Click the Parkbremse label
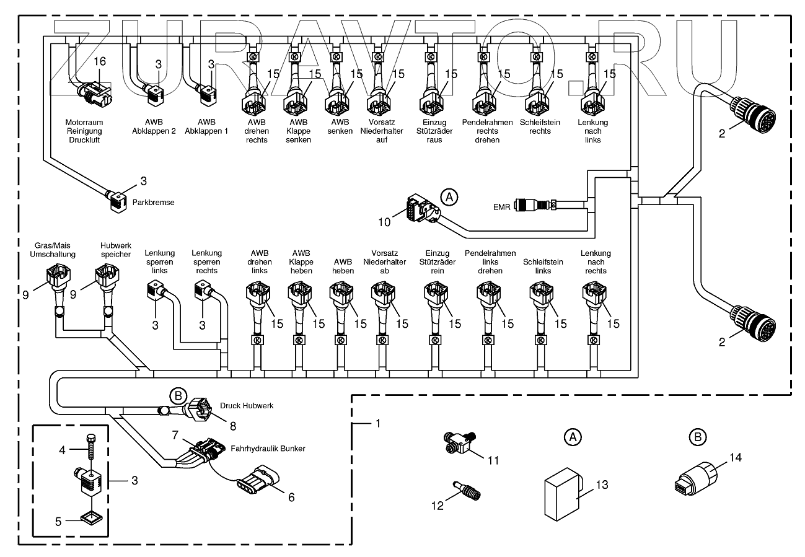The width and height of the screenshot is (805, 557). [154, 202]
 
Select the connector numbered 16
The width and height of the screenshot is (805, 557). [95, 93]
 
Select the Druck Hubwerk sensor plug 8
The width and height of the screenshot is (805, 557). [202, 408]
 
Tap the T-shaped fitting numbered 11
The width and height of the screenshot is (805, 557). [457, 441]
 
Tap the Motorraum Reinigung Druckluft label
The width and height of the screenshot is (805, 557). [84, 131]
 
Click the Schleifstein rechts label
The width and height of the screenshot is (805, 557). [540, 126]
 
